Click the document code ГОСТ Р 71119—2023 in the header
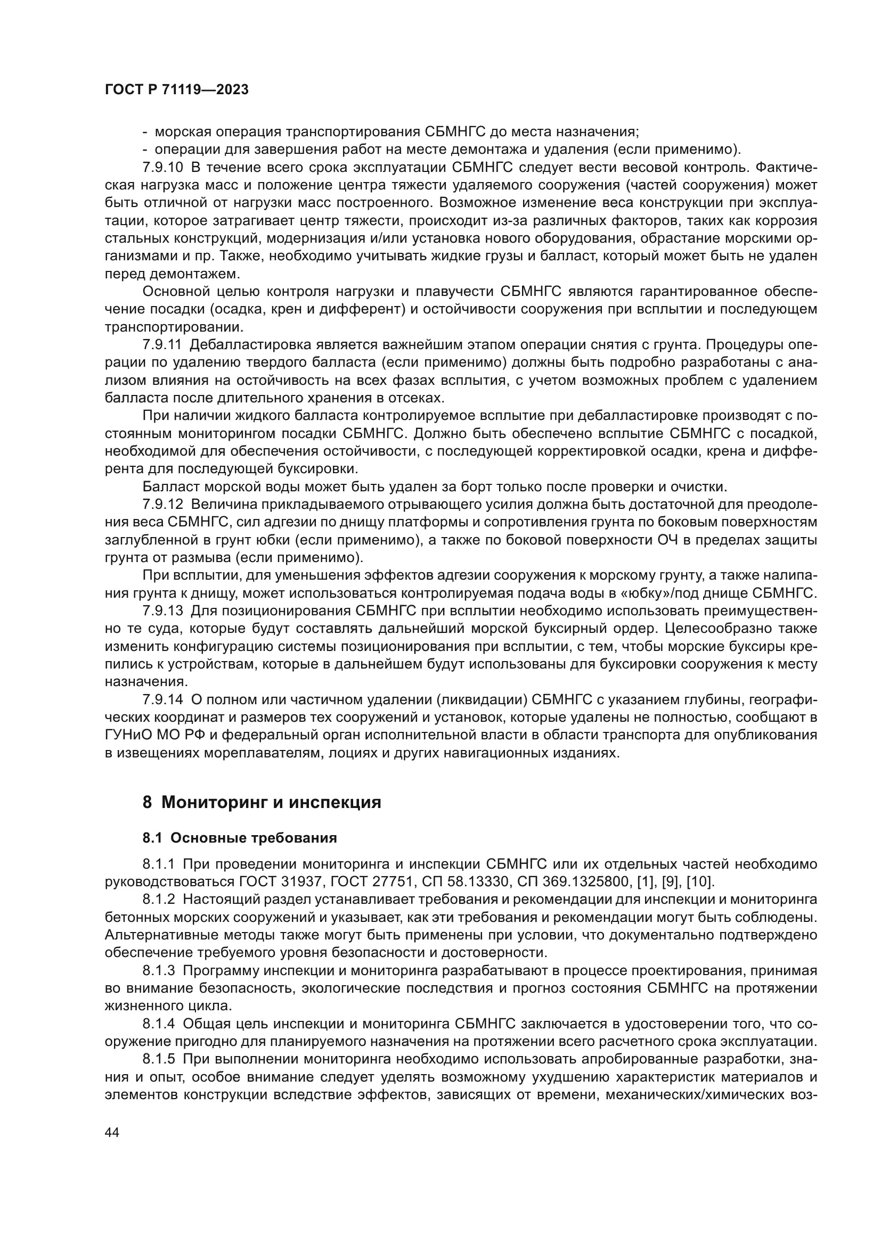click(x=176, y=90)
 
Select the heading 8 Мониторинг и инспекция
click(x=262, y=802)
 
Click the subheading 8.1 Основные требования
click(x=239, y=838)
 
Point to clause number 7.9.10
click(x=163, y=167)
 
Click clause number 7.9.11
click(x=162, y=345)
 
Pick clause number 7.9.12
click(x=163, y=504)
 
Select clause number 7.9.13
click(x=163, y=611)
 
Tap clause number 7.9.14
click(x=163, y=699)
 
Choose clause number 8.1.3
click(x=159, y=969)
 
